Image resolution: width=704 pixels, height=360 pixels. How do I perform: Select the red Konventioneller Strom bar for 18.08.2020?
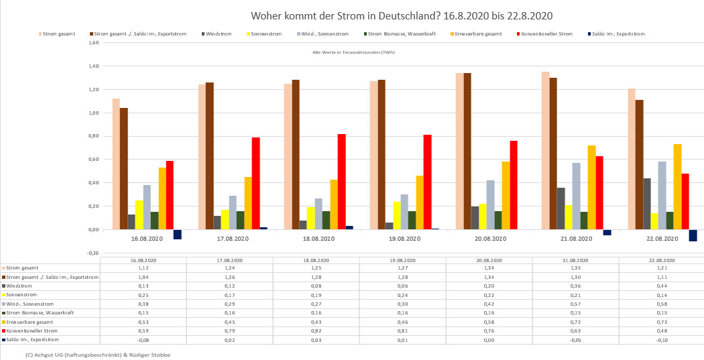341,182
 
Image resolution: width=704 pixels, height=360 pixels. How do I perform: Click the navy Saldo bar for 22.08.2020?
693,235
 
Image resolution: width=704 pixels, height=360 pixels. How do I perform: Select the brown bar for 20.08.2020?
467,151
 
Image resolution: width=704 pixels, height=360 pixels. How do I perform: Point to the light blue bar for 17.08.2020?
233,213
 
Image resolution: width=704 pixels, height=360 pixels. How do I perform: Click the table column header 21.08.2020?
575,259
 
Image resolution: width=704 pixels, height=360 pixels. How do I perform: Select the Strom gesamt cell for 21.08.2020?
575,267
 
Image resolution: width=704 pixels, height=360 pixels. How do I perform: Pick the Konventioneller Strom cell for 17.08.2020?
229,331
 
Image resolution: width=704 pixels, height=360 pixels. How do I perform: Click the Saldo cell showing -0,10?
661,339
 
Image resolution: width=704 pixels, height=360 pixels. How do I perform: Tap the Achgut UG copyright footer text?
97,355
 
